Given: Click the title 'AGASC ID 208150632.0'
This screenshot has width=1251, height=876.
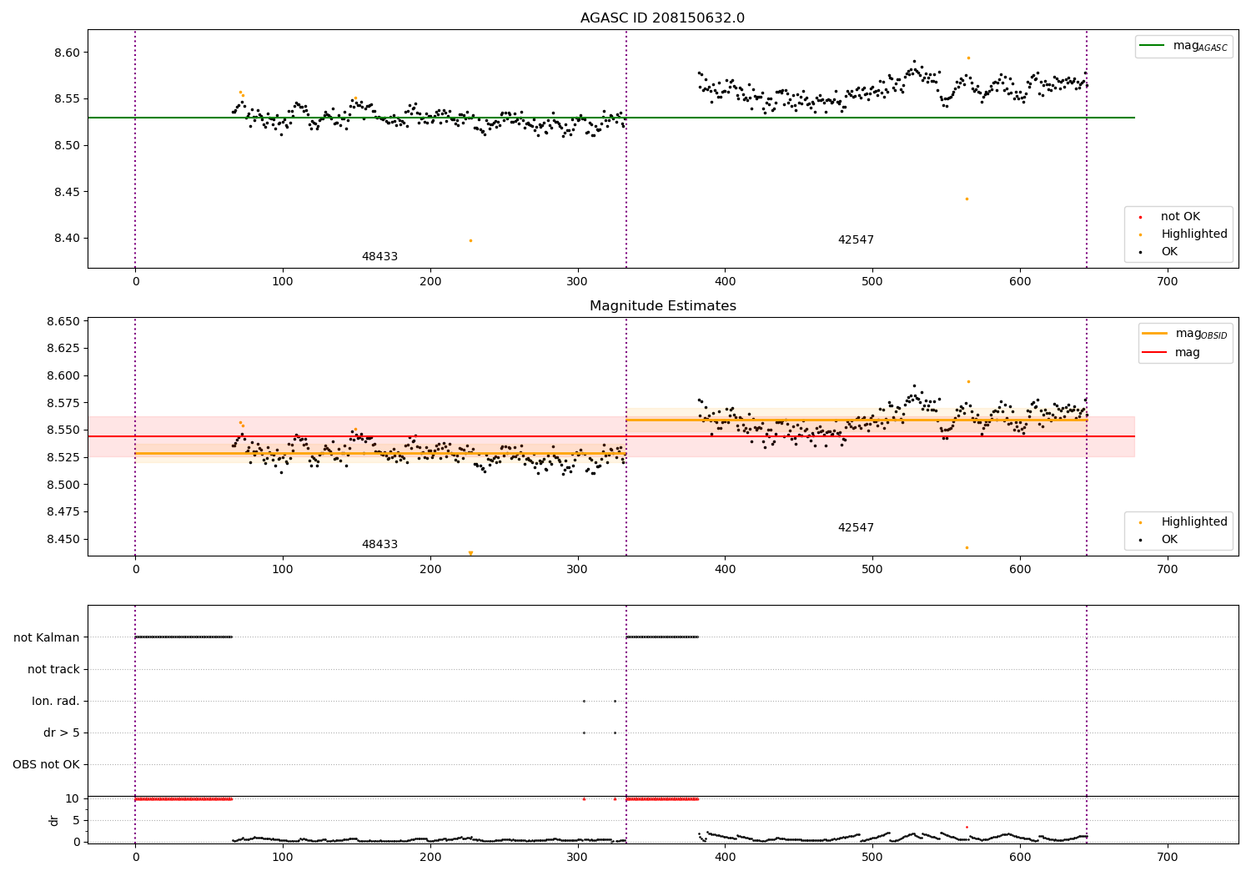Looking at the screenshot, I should click(x=662, y=18).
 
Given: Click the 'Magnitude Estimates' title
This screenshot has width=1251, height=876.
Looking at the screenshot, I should click(x=662, y=306).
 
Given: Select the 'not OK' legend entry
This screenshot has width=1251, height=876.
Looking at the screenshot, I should click(x=1180, y=217).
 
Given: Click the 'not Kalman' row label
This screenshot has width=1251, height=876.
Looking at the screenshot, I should click(x=47, y=637).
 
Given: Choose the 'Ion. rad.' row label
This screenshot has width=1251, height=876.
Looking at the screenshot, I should click(x=56, y=701).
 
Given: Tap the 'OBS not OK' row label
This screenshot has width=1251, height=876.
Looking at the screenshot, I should click(x=46, y=764).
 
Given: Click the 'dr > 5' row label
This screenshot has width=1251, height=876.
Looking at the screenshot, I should click(x=62, y=733).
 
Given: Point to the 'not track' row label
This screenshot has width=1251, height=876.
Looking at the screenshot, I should click(x=53, y=669).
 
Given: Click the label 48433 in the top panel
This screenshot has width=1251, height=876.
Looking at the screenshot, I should click(x=379, y=257).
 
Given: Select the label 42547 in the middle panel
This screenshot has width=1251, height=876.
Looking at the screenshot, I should click(x=856, y=528).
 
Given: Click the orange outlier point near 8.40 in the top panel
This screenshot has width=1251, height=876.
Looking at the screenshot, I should click(x=470, y=240).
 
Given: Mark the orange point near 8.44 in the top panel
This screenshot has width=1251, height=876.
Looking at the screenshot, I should click(x=967, y=199).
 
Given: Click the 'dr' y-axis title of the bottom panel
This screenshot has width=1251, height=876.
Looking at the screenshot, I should click(x=54, y=820).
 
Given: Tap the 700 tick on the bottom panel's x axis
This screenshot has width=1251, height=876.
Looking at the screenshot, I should click(x=1167, y=857).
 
